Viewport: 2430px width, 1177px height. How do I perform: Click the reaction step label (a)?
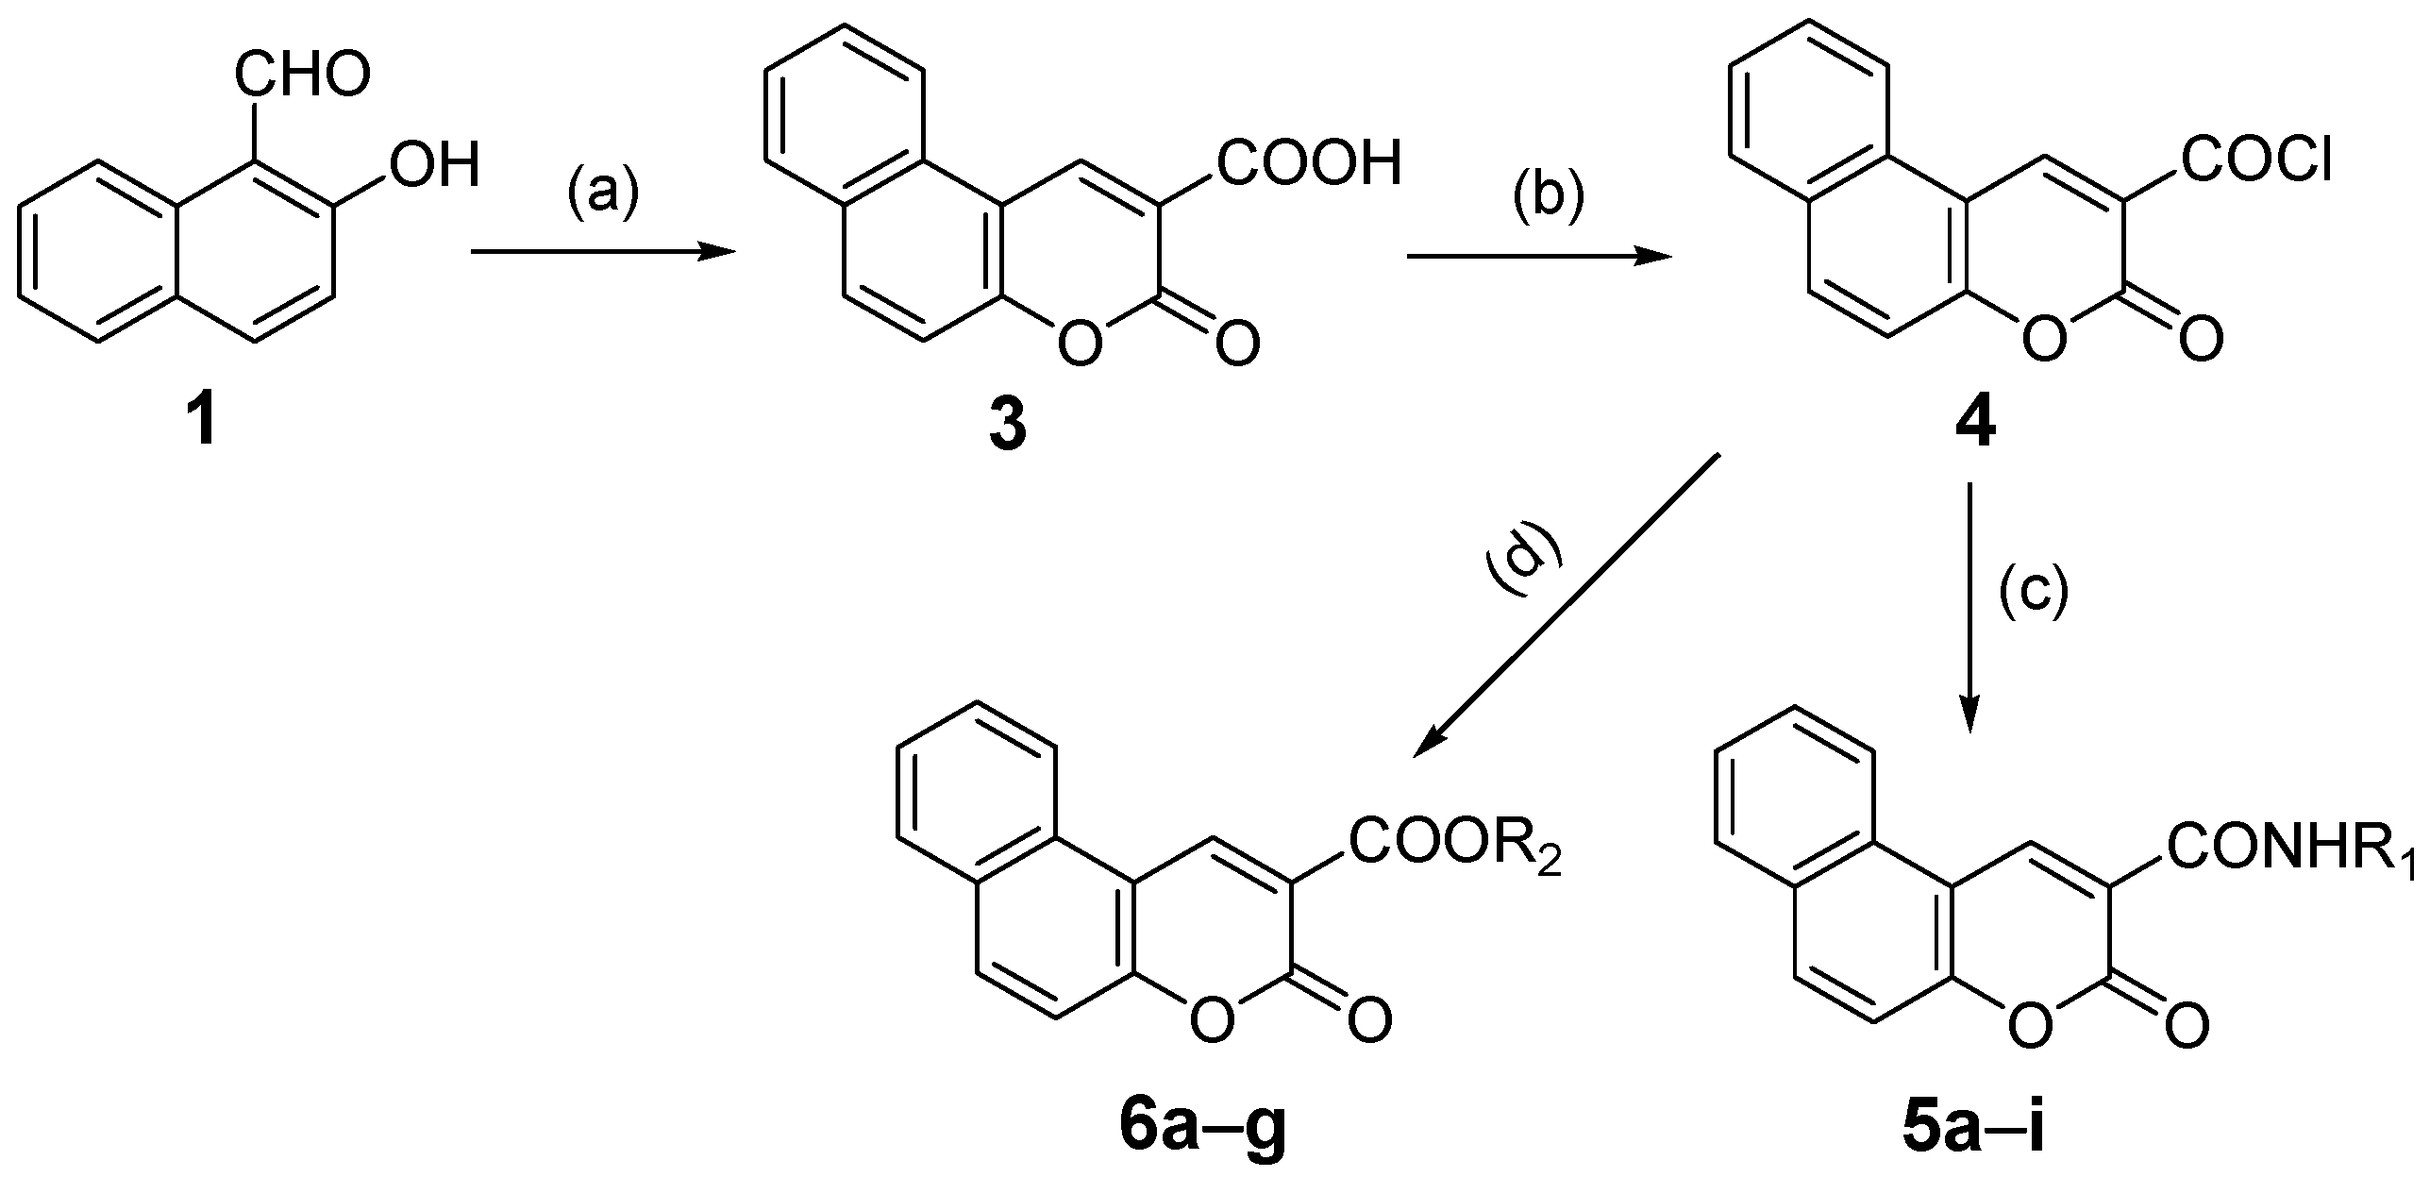603,192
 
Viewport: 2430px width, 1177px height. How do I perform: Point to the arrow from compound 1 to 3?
602,251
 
